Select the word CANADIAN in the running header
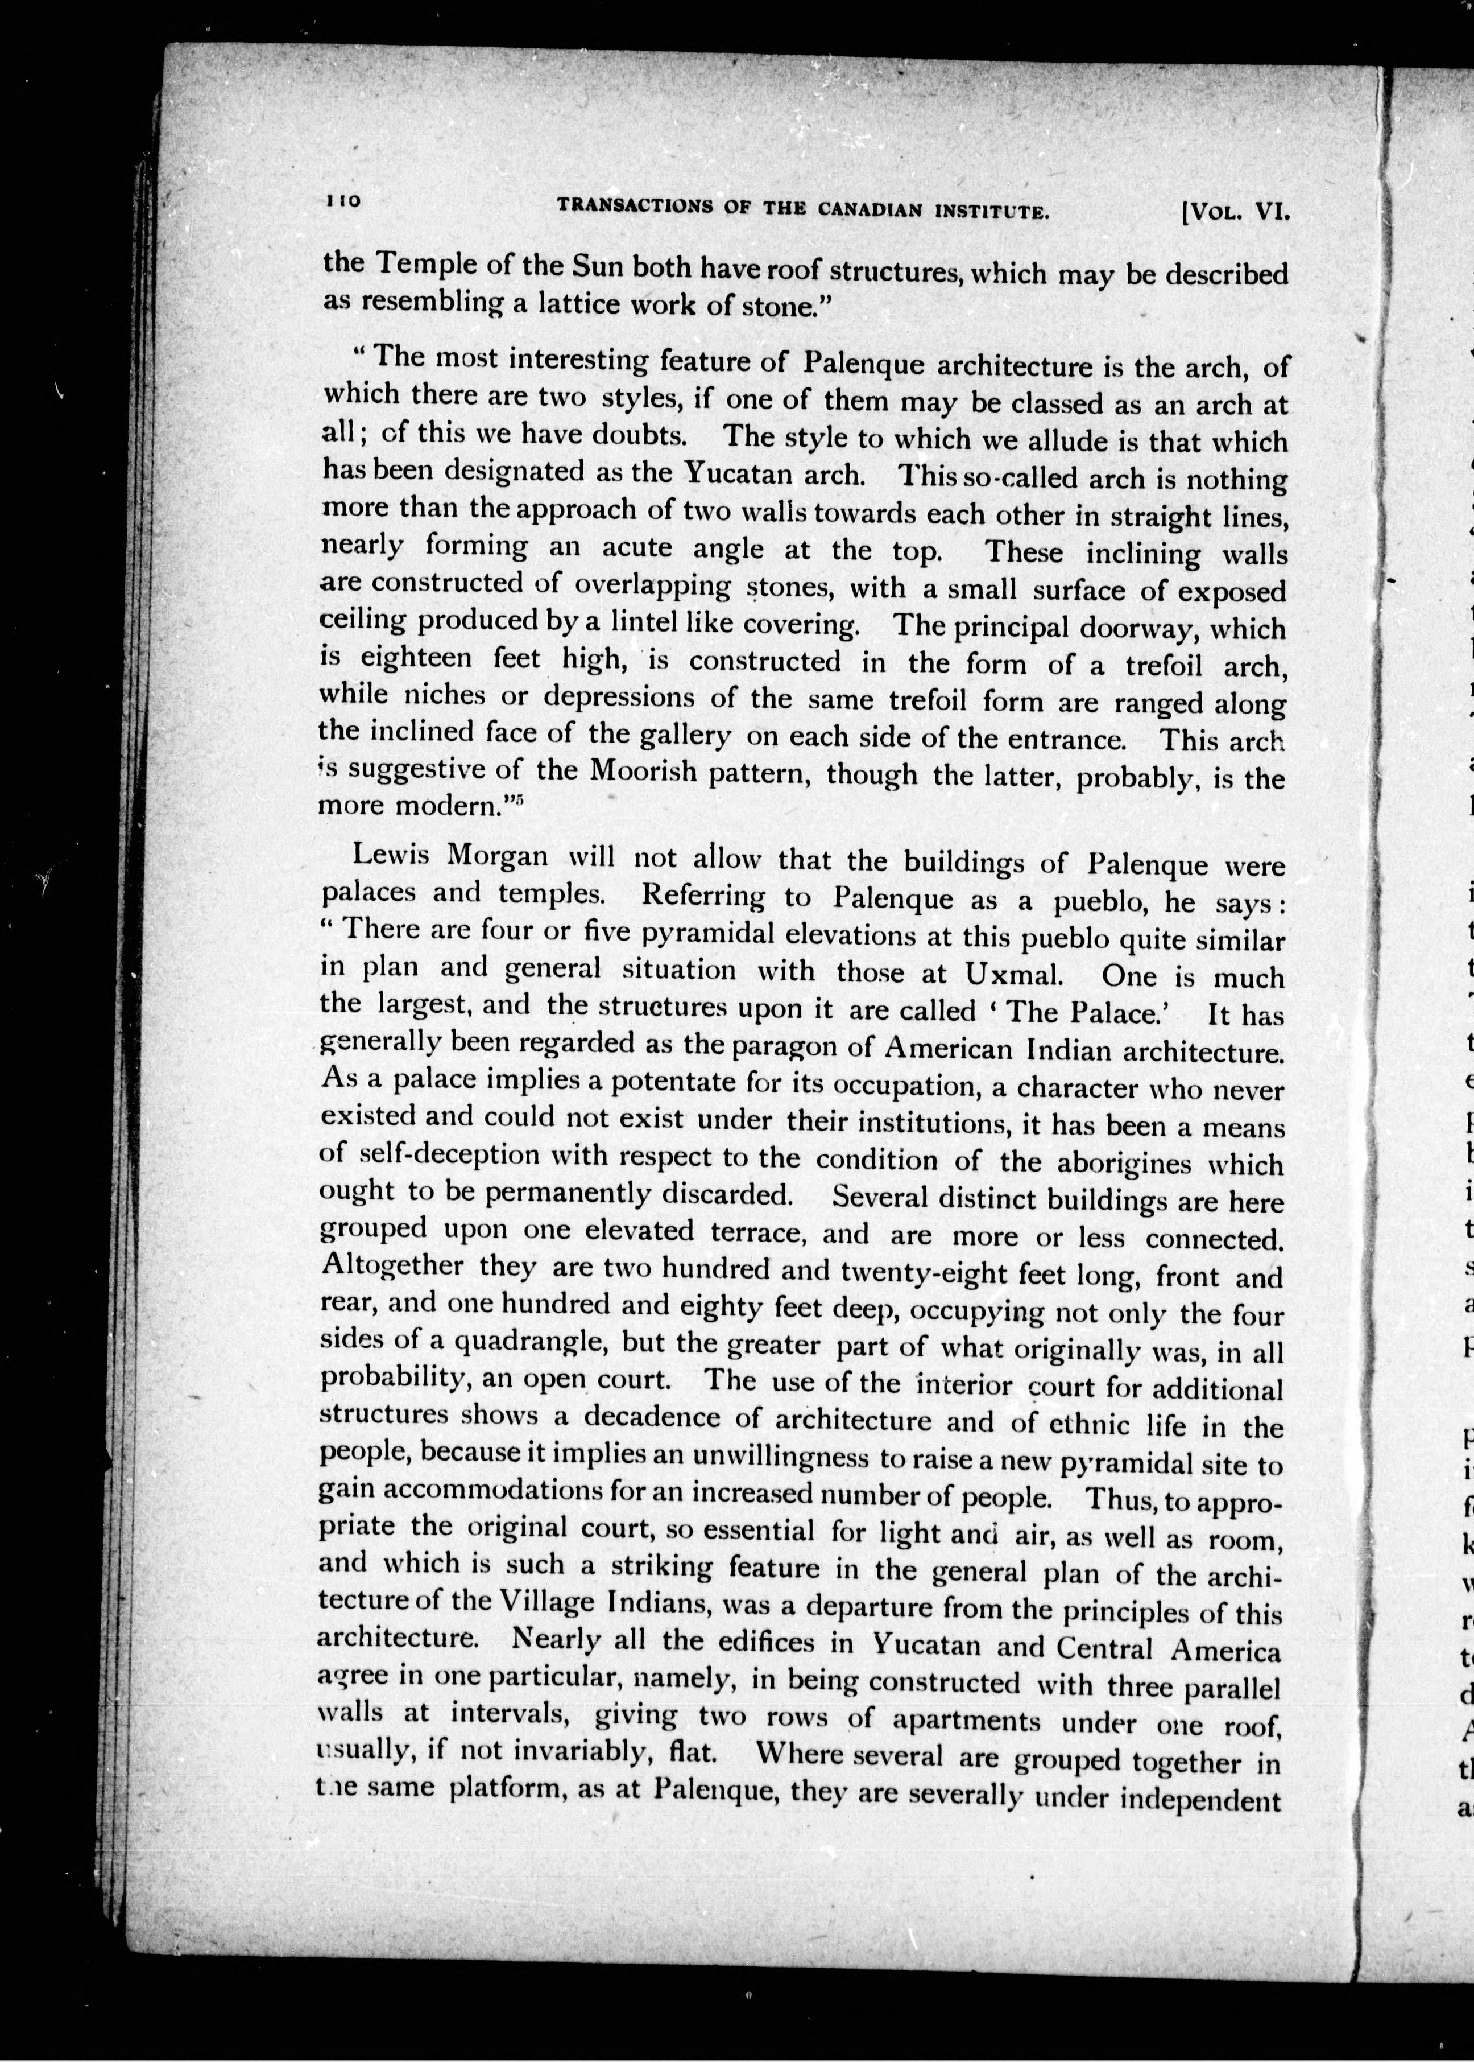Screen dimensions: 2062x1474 (x=871, y=210)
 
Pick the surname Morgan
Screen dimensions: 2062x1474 (x=499, y=856)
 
